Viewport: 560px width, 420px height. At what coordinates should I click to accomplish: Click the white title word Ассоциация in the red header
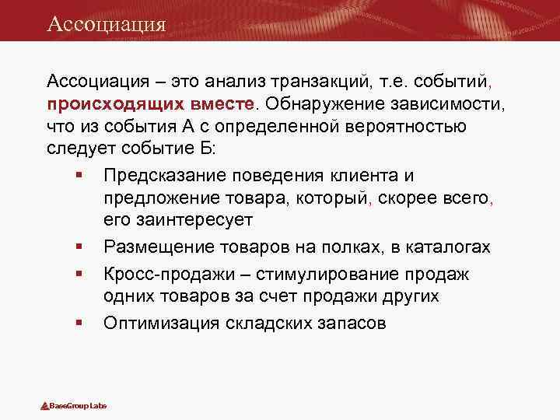coord(106,23)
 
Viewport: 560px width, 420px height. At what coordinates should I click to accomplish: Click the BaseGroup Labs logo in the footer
coord(74,406)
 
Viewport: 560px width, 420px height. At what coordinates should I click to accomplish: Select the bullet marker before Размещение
coord(80,247)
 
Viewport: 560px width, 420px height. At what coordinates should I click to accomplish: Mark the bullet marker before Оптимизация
coord(80,323)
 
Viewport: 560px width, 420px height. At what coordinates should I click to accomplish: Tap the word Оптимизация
coord(161,323)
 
